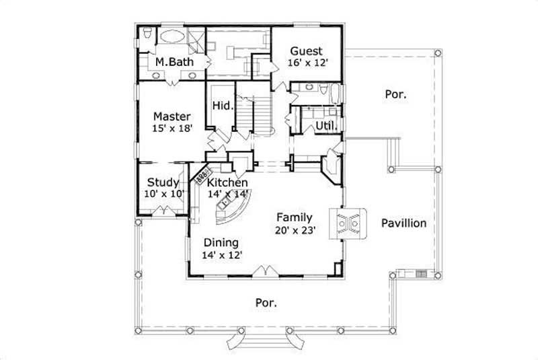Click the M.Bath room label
[170, 62]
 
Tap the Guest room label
[306, 51]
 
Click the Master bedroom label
[171, 116]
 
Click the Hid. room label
[222, 106]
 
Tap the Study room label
[163, 182]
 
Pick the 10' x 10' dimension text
[163, 194]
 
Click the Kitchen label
[227, 182]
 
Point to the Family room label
[295, 217]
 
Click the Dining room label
[222, 243]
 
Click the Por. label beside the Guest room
[395, 94]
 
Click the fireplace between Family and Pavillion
[347, 223]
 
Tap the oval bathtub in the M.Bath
[172, 37]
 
